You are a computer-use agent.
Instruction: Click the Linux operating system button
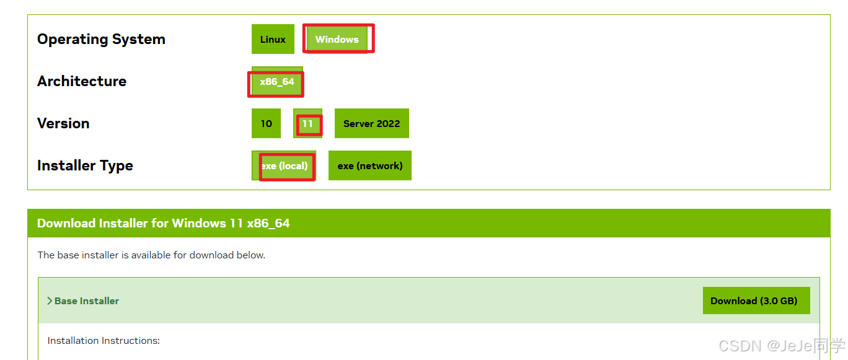pyautogui.click(x=273, y=40)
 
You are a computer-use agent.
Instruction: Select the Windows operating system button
pyautogui.click(x=337, y=40)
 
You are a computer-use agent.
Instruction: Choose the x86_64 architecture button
pyautogui.click(x=277, y=82)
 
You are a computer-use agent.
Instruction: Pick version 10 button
pyautogui.click(x=266, y=124)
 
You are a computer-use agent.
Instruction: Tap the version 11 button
pyautogui.click(x=307, y=124)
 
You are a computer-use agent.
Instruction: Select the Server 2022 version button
pyautogui.click(x=371, y=124)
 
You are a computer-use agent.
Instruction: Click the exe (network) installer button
pyautogui.click(x=369, y=166)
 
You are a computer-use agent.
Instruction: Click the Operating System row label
pyautogui.click(x=101, y=40)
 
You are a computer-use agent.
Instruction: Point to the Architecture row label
pyautogui.click(x=82, y=82)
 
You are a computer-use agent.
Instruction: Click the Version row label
pyautogui.click(x=63, y=124)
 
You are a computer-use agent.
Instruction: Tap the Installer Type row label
pyautogui.click(x=85, y=166)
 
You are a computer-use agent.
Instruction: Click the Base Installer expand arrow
pyautogui.click(x=50, y=301)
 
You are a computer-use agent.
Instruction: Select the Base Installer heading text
pyautogui.click(x=87, y=301)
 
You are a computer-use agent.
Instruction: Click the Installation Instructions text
pyautogui.click(x=104, y=341)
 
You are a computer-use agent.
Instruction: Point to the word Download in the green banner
pyautogui.click(x=66, y=224)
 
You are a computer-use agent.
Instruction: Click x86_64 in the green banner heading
pyautogui.click(x=268, y=224)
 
